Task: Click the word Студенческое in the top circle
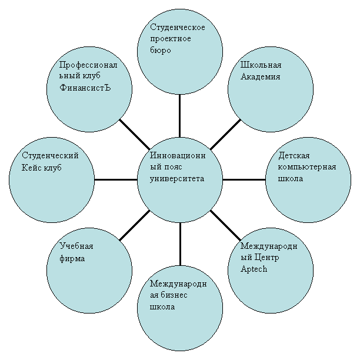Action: pyautogui.click(x=178, y=27)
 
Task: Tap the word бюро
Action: pyautogui.click(x=161, y=50)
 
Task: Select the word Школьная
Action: pyautogui.click(x=261, y=65)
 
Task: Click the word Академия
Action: pyautogui.click(x=261, y=76)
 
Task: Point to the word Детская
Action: pyautogui.click(x=294, y=156)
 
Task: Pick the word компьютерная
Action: pyautogui.click(x=307, y=167)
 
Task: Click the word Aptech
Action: pyautogui.click(x=254, y=269)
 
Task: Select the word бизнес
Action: pyautogui.click(x=174, y=295)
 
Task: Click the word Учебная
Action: pyautogui.click(x=76, y=246)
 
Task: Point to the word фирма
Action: pyautogui.click(x=72, y=258)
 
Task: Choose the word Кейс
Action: pyautogui.click(x=31, y=168)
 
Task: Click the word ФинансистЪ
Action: pyautogui.click(x=85, y=88)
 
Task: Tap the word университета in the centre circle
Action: pyautogui.click(x=177, y=179)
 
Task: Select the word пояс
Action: pyautogui.click(x=173, y=167)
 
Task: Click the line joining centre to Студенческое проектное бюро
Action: pyautogui.click(x=179, y=116)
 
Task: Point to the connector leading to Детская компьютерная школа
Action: pyautogui.click(x=244, y=179)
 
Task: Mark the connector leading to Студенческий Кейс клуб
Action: pyautogui.click(x=116, y=179)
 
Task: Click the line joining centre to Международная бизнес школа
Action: pyautogui.click(x=180, y=244)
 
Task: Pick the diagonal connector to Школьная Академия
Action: pyautogui.click(x=225, y=134)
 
